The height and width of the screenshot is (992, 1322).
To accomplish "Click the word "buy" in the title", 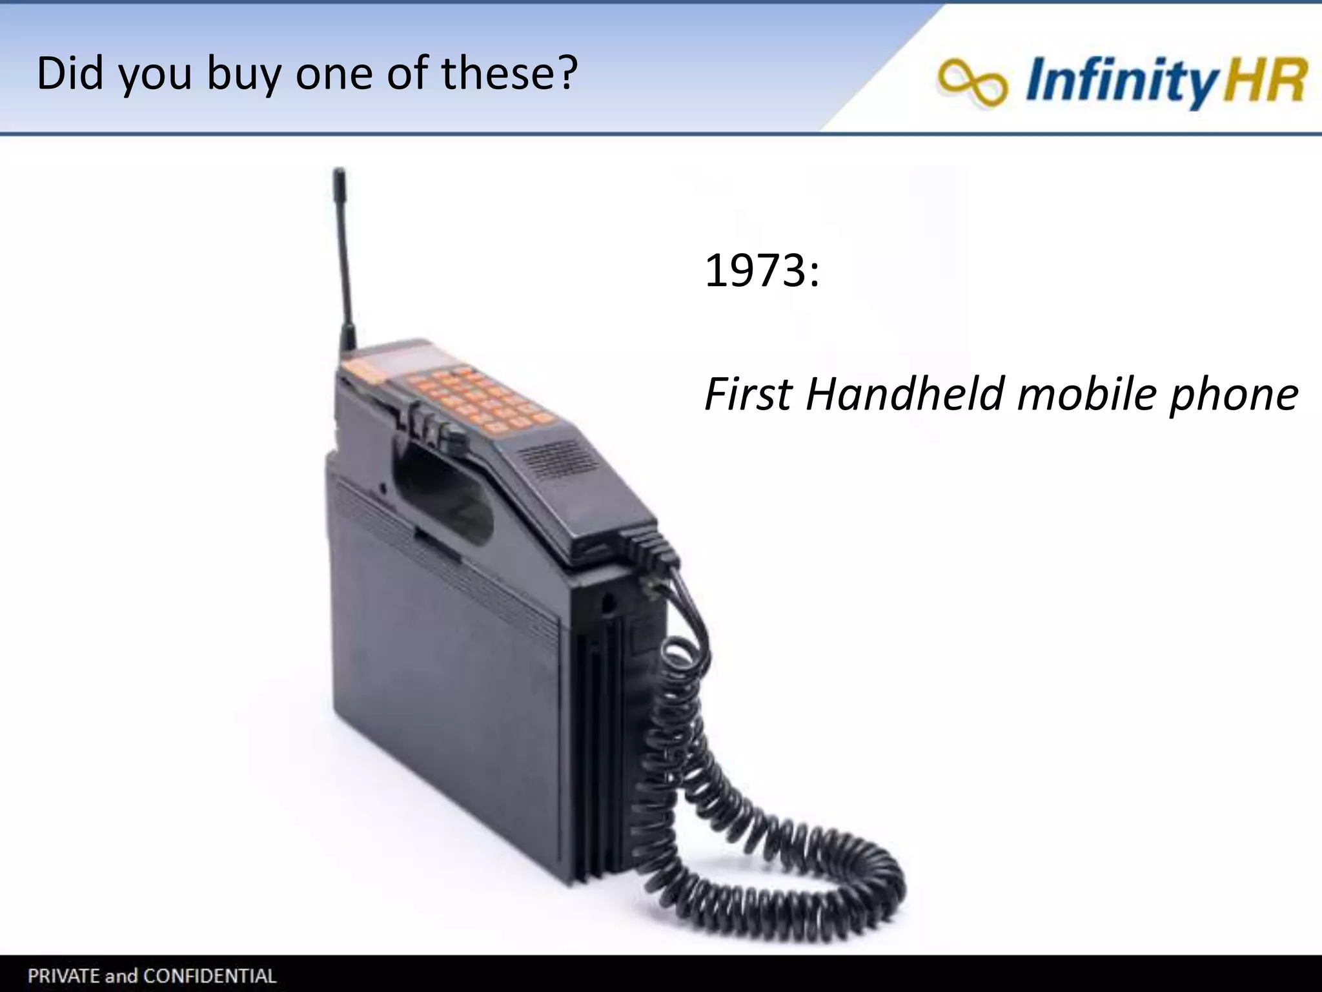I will pos(243,74).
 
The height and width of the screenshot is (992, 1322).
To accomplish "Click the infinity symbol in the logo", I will pos(972,82).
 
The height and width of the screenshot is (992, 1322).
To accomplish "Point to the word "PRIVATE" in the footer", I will pos(62,975).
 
